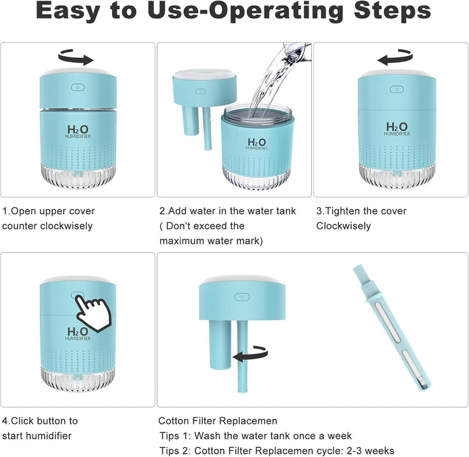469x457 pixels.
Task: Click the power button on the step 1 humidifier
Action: click(x=78, y=87)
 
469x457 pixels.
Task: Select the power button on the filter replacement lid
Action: click(x=242, y=297)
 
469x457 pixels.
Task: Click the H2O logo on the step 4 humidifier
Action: click(x=78, y=333)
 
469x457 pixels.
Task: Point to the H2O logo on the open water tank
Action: click(x=257, y=143)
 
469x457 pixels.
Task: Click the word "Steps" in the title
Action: click(x=392, y=11)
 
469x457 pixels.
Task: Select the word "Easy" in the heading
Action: click(x=68, y=11)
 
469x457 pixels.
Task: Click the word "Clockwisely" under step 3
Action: click(x=343, y=226)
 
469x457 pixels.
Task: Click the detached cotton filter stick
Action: click(x=392, y=328)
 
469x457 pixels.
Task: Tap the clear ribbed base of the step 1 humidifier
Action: click(x=78, y=176)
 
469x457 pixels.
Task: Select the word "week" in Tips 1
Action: click(x=339, y=435)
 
